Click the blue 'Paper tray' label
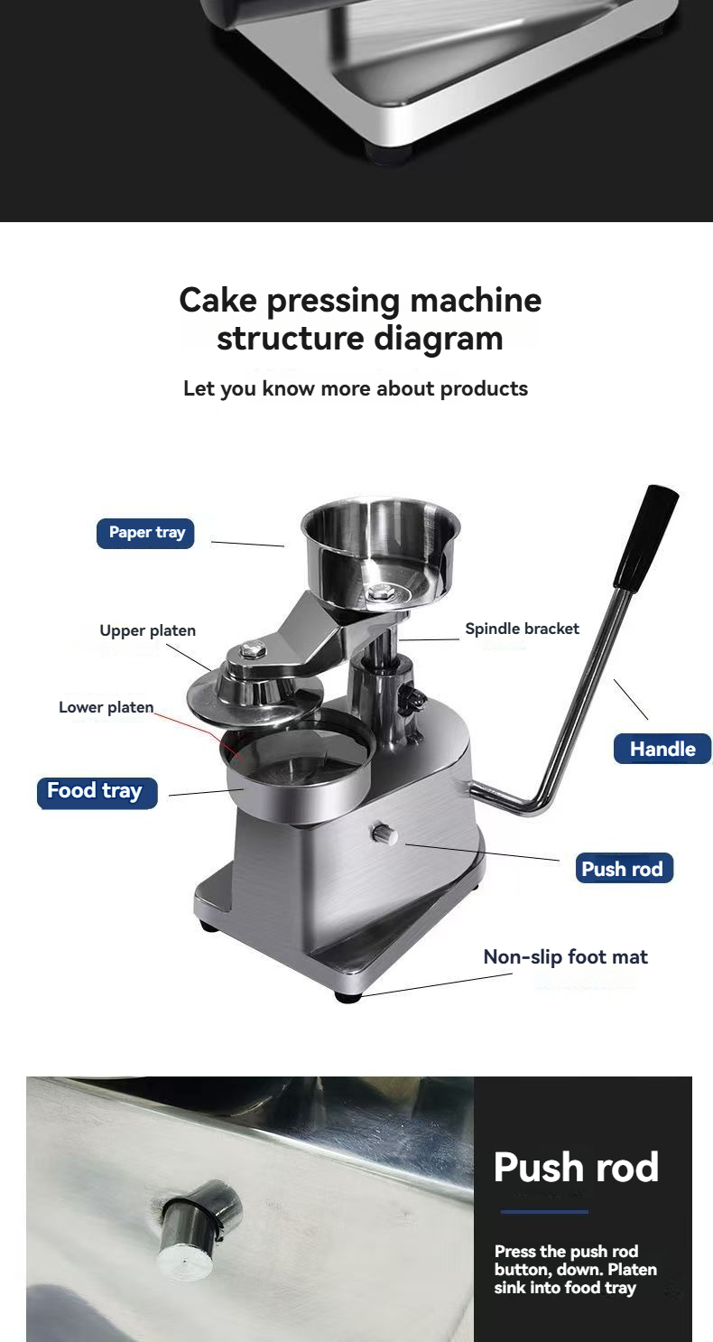145,533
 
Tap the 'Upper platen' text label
147,630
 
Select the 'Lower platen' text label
106,707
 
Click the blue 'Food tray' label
95,791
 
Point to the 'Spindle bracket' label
522,629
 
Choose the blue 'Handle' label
662,749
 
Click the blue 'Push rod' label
623,869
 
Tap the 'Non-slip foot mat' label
565,957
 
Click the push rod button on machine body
384,834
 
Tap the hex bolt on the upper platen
254,648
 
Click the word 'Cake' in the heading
218,300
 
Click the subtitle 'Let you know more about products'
356,389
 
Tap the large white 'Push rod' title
576,1167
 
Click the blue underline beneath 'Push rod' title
544,1212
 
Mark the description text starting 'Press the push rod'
575,1270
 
